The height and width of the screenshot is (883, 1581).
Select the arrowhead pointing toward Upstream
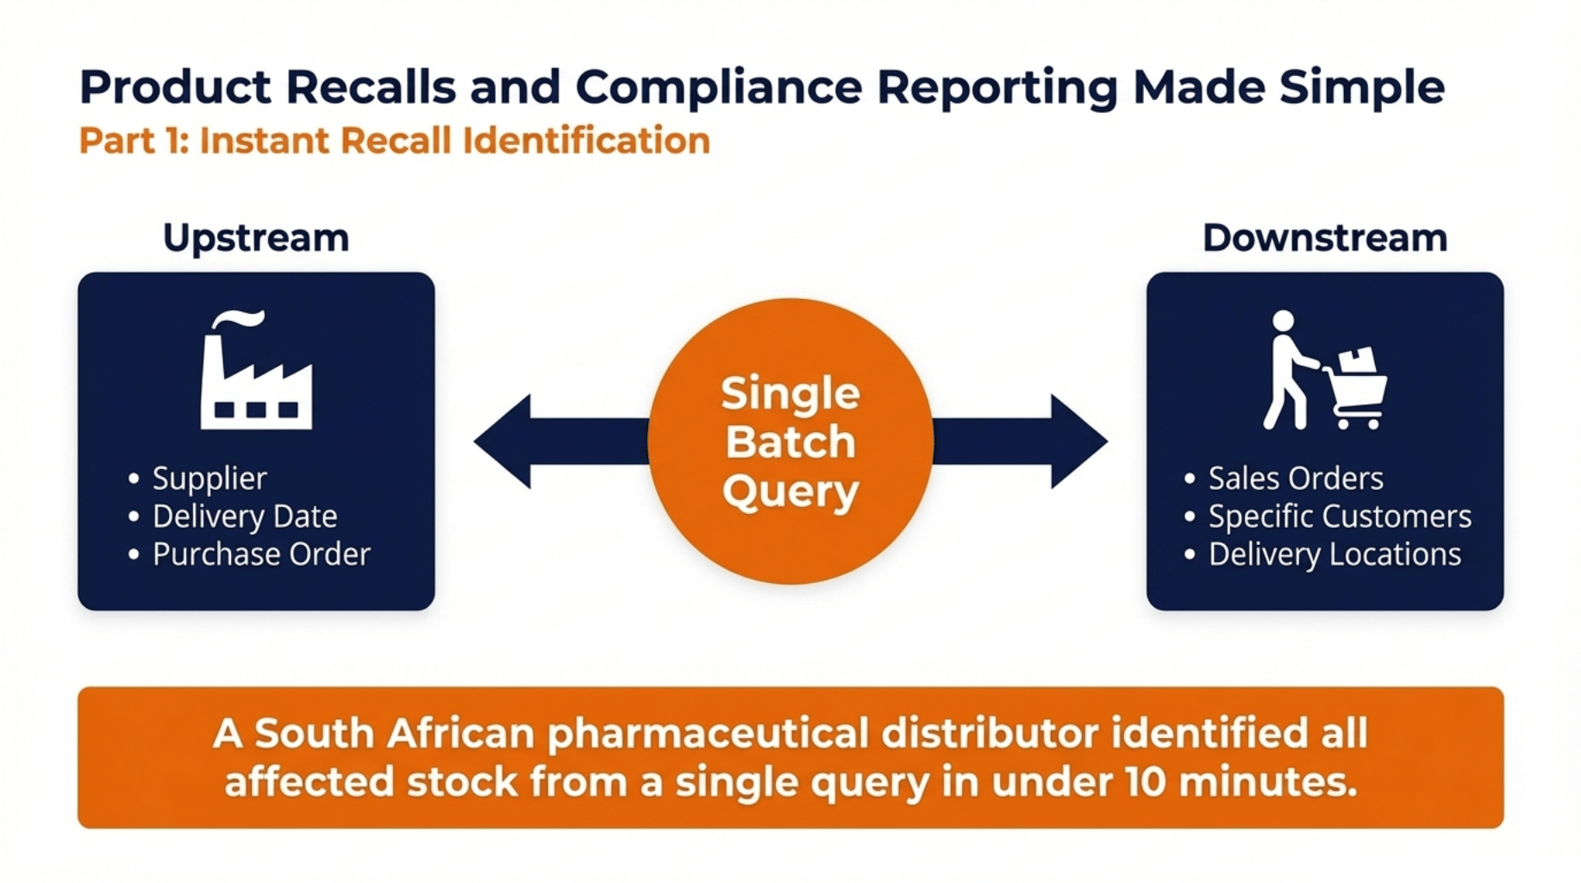click(504, 441)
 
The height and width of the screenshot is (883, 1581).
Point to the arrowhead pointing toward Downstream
click(1078, 441)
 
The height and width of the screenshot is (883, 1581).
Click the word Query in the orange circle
click(790, 492)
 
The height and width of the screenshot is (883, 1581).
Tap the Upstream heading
click(256, 238)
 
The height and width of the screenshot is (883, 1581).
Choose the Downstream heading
click(1324, 238)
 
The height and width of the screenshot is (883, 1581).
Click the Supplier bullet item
click(209, 479)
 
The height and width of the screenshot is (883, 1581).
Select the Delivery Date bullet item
click(244, 517)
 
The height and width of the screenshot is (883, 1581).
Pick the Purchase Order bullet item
click(261, 554)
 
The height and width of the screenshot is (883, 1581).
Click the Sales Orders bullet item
click(1295, 479)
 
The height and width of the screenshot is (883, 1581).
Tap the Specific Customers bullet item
click(1339, 517)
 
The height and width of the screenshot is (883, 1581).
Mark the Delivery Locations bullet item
click(1334, 554)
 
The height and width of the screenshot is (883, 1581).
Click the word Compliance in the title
click(718, 88)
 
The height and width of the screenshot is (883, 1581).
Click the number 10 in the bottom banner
click(1146, 782)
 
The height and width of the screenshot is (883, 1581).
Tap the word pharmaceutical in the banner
click(708, 734)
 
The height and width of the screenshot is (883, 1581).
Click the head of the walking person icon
click(1283, 321)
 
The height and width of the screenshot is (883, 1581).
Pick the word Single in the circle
click(790, 393)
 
